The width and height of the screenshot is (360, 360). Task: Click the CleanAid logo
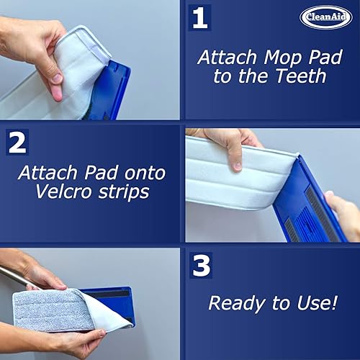326,17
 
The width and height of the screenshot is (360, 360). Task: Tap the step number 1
199,18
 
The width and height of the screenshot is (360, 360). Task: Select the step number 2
17,142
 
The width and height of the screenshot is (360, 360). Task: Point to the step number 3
201,266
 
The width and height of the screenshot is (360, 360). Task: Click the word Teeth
301,76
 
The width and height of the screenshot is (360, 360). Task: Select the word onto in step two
145,173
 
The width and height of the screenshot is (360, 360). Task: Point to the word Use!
318,302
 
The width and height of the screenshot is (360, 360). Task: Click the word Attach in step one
228,57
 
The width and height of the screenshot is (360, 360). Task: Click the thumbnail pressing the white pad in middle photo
237,166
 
